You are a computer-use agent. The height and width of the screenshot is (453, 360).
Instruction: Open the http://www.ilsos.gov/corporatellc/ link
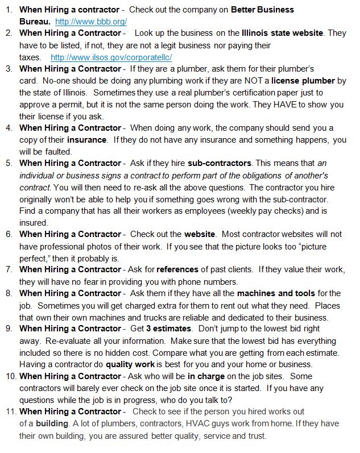point(111,57)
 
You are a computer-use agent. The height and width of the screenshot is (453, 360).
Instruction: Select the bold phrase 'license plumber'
point(303,81)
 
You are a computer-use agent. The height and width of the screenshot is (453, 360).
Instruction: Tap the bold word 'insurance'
point(86,139)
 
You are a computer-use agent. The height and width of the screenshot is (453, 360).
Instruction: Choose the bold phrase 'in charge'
point(207,376)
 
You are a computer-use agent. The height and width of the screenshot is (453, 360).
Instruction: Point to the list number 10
point(10,376)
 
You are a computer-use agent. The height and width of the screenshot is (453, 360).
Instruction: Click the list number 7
point(10,269)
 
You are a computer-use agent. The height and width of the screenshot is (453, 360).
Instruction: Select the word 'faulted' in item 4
point(56,152)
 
